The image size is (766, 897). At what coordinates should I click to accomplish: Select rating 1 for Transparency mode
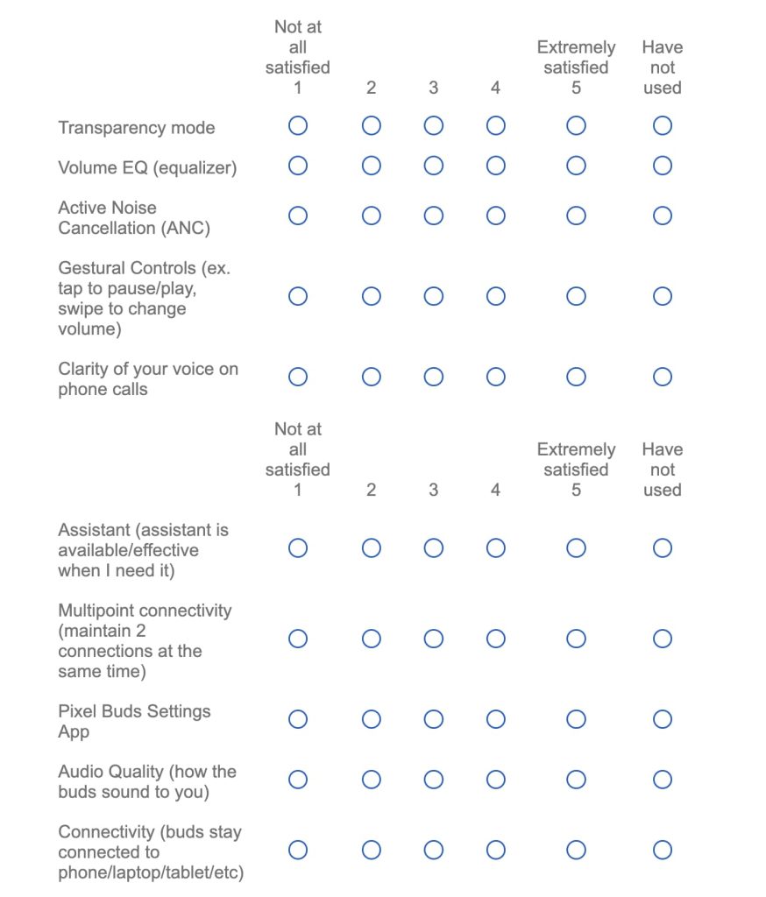pos(298,126)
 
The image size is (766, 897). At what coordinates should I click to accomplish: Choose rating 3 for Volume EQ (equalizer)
pos(434,166)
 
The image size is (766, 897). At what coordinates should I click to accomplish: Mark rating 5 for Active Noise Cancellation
pos(576,215)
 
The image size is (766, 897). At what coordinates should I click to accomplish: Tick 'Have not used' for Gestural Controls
pos(663,296)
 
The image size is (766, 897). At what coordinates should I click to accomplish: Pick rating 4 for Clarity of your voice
pos(496,377)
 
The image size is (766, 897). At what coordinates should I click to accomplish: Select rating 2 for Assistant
pos(372,548)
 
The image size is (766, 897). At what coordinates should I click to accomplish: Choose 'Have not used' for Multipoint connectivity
pos(663,639)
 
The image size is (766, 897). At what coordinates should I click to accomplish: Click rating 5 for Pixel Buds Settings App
pos(576,719)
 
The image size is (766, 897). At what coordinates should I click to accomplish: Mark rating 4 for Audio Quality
pos(496,780)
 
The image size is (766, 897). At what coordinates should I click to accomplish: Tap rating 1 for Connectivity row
pos(298,850)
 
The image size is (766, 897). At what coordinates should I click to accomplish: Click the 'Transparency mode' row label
pos(137,128)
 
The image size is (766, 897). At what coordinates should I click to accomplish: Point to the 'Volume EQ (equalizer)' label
pos(147,167)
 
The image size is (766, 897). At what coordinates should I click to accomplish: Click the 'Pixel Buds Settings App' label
pos(134,721)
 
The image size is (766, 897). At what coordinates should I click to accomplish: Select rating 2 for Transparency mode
pos(372,126)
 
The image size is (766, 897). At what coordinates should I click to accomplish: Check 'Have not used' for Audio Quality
pos(663,780)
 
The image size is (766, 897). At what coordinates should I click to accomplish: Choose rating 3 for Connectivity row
pos(434,850)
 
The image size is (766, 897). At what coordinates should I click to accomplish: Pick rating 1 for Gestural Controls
pos(298,296)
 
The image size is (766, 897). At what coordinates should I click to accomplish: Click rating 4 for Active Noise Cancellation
pos(496,215)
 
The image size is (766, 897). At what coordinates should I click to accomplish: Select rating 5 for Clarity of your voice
pos(576,377)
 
